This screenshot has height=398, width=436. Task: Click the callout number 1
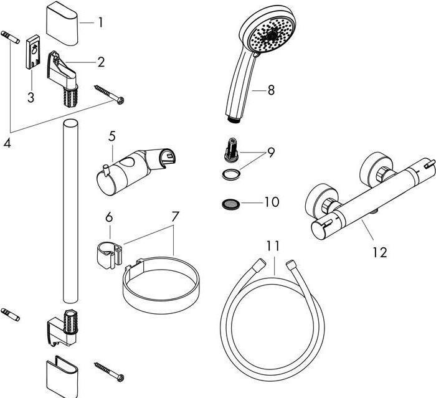(x=100, y=23)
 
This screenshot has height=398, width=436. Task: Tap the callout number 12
(x=379, y=252)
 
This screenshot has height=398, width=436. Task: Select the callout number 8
(x=270, y=90)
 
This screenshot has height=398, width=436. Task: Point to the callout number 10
(x=272, y=202)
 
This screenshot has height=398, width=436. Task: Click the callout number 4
(x=7, y=143)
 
